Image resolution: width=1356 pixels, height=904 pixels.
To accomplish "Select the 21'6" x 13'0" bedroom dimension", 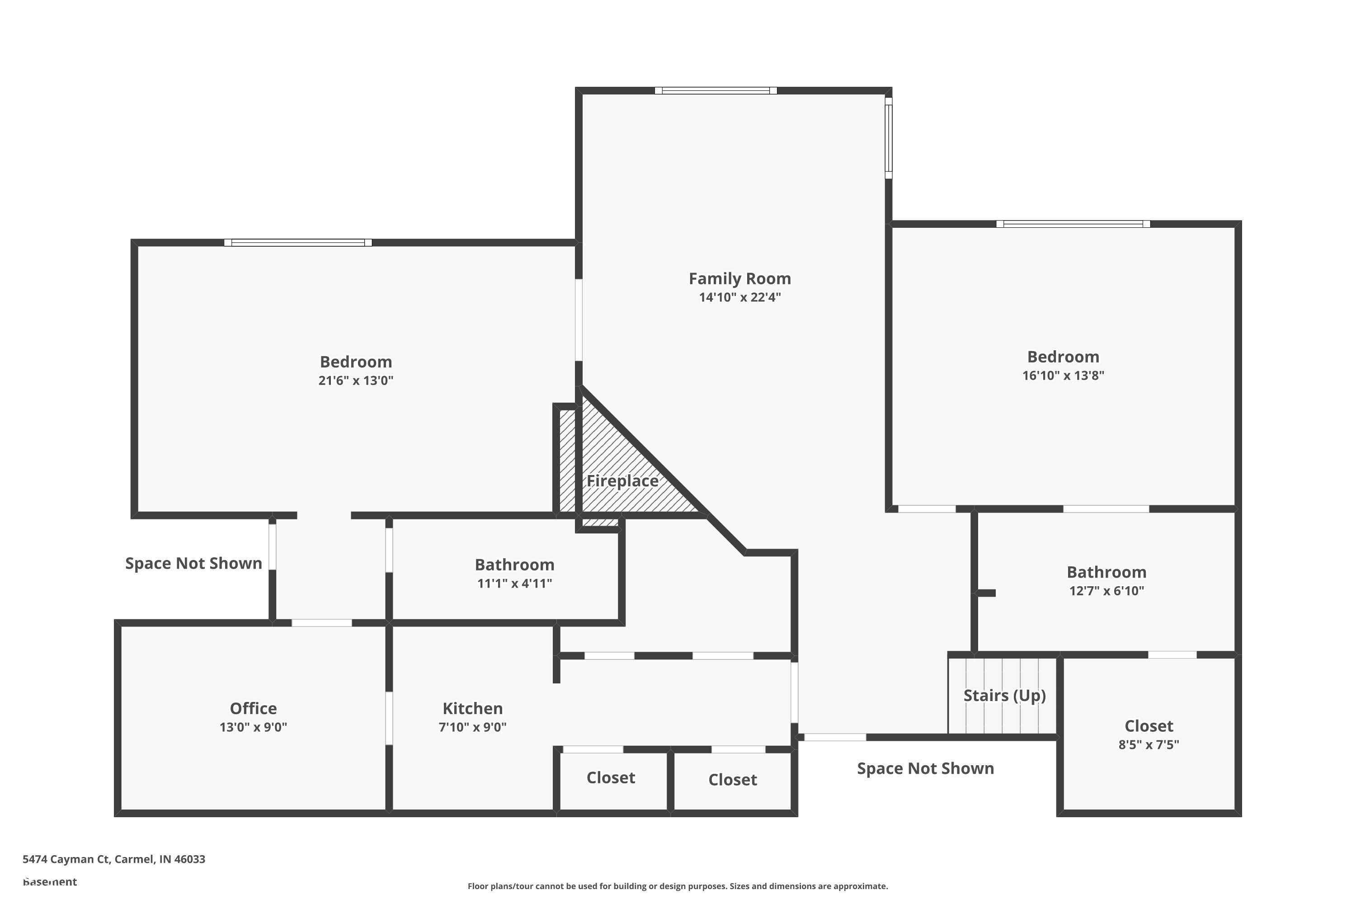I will tap(356, 381).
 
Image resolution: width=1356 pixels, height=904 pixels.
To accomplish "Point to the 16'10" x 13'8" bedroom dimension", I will tap(1063, 375).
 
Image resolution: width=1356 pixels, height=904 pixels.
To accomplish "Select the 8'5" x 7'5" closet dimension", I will tap(1149, 744).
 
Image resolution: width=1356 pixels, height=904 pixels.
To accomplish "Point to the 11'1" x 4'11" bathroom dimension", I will tap(514, 584).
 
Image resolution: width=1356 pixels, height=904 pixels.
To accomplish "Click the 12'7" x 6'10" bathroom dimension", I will tap(1106, 591).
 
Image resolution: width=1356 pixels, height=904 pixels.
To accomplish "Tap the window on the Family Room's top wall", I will tap(716, 90).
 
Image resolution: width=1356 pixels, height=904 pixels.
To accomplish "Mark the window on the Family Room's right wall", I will tap(889, 138).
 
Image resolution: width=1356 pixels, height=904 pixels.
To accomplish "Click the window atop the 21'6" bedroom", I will tap(297, 243).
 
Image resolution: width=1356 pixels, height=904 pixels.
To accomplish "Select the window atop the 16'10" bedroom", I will tap(1073, 224).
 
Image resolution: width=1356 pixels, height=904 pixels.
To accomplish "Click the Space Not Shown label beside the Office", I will tap(194, 563).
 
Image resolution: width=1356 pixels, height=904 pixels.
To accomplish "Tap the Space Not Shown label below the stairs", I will tap(925, 768).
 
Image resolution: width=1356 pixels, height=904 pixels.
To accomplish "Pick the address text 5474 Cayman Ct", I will tap(113, 859).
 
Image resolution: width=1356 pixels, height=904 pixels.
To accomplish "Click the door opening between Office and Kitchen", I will tap(389, 718).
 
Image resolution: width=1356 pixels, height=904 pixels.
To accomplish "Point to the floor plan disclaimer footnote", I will tap(678, 886).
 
